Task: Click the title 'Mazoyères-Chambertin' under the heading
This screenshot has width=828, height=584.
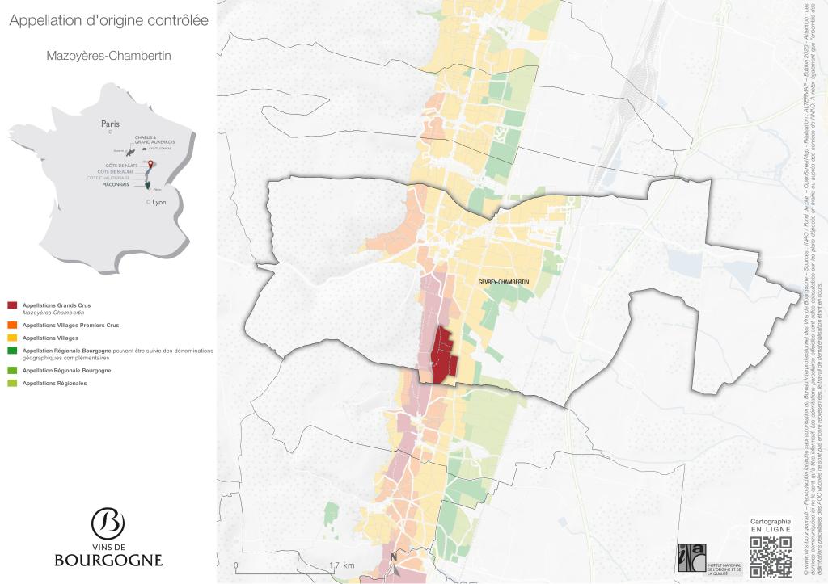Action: pyautogui.click(x=108, y=57)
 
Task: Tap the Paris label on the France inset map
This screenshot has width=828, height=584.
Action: pyautogui.click(x=110, y=124)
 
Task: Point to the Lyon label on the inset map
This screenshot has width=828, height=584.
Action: pyautogui.click(x=158, y=202)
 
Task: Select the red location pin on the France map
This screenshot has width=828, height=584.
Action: pyautogui.click(x=149, y=164)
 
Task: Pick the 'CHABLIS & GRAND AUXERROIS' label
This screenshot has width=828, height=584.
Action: pyautogui.click(x=154, y=140)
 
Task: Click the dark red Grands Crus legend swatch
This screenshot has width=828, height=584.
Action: pyautogui.click(x=12, y=305)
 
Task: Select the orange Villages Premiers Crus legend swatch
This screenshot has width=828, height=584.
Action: pyautogui.click(x=12, y=325)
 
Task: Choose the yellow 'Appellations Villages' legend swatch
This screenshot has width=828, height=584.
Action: pyautogui.click(x=12, y=338)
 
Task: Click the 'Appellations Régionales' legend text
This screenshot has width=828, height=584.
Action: pyautogui.click(x=55, y=383)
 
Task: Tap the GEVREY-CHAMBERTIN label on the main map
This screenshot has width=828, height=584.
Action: pyautogui.click(x=503, y=281)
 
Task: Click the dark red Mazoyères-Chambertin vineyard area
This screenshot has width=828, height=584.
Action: pyautogui.click(x=441, y=355)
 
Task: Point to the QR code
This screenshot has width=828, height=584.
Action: pyautogui.click(x=770, y=557)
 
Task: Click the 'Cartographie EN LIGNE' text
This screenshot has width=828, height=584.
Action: pyautogui.click(x=771, y=526)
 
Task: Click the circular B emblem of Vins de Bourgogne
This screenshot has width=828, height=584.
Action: pyautogui.click(x=108, y=523)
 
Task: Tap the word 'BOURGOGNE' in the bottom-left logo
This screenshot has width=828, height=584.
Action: pyautogui.click(x=108, y=560)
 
